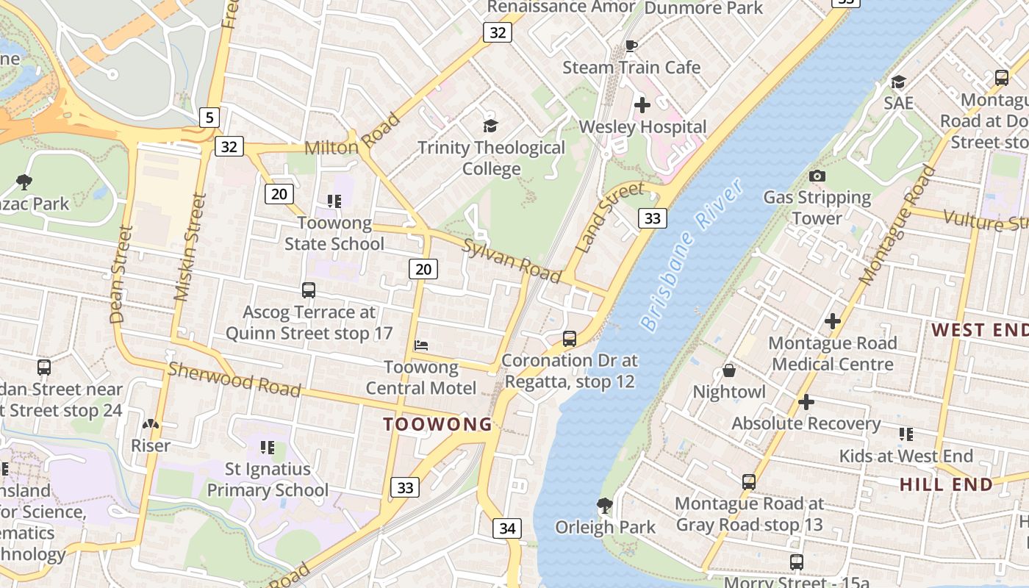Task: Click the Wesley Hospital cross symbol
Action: pyautogui.click(x=642, y=105)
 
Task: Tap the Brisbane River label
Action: pyautogui.click(x=692, y=254)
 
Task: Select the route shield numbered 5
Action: pyautogui.click(x=209, y=116)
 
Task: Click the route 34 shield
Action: pyautogui.click(x=507, y=528)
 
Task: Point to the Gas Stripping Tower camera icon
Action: pyautogui.click(x=817, y=176)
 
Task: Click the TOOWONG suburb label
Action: pyautogui.click(x=438, y=424)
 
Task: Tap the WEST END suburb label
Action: pyautogui.click(x=979, y=330)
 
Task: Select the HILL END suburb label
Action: pyautogui.click(x=947, y=484)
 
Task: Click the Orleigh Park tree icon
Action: pyautogui.click(x=605, y=505)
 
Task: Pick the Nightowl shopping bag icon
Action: pyautogui.click(x=729, y=370)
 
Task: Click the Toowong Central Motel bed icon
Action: pyautogui.click(x=421, y=345)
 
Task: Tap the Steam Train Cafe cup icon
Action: pyautogui.click(x=631, y=46)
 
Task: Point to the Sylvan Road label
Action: pyautogui.click(x=512, y=259)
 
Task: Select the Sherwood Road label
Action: pyautogui.click(x=234, y=379)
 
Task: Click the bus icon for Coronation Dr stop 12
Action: pyautogui.click(x=570, y=339)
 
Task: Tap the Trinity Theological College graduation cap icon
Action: pyautogui.click(x=490, y=126)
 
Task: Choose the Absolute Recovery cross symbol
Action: pyautogui.click(x=806, y=402)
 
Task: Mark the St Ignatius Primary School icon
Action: pyautogui.click(x=268, y=447)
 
